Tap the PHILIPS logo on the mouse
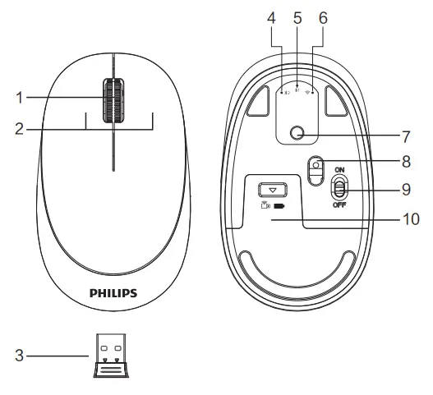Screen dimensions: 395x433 [x=113, y=292]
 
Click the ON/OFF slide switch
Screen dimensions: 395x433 [x=338, y=189]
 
